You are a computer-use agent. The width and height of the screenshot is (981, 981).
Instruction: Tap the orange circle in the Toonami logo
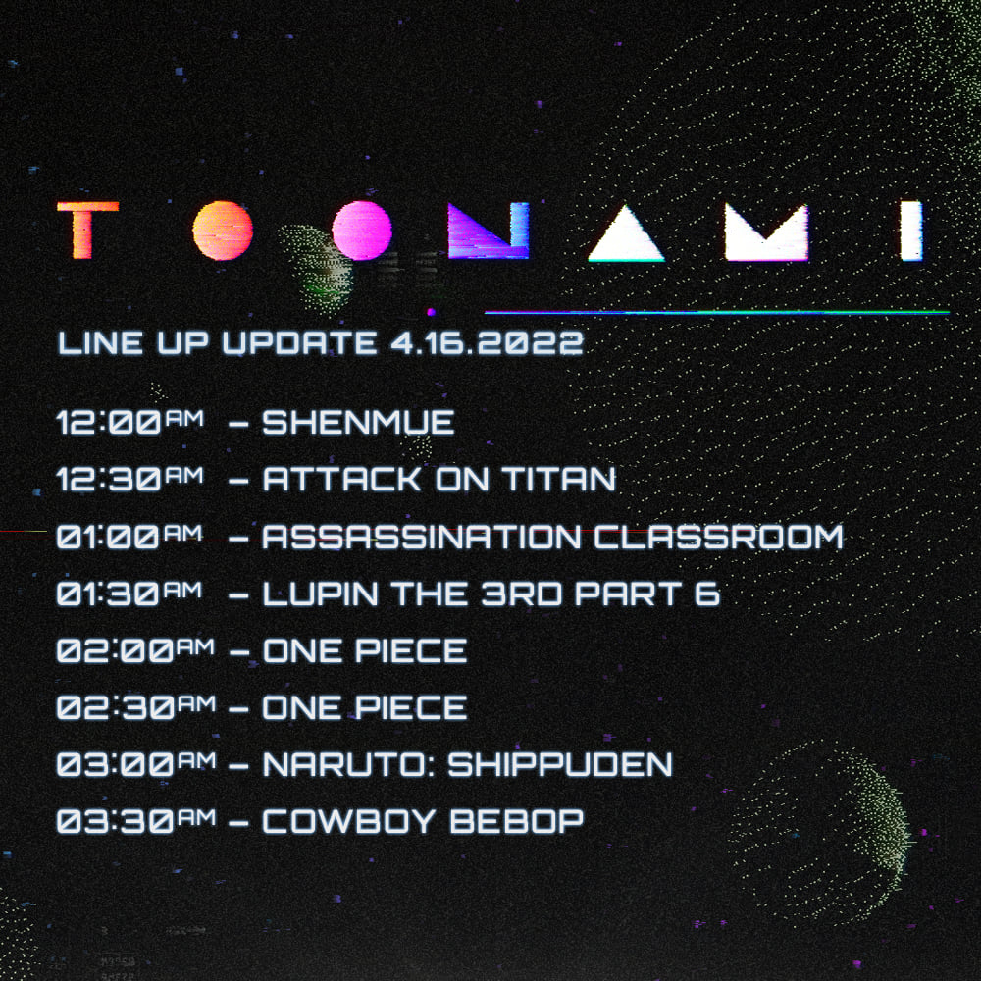click(223, 231)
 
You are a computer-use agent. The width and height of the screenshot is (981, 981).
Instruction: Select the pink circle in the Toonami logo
click(362, 231)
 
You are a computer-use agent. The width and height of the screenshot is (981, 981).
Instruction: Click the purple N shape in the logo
click(489, 231)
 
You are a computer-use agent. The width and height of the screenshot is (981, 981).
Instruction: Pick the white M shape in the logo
click(766, 232)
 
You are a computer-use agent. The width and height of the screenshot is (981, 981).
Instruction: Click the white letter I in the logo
click(911, 231)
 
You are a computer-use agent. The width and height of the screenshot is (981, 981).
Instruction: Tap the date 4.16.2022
click(487, 342)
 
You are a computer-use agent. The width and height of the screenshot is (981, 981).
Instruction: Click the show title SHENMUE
click(358, 422)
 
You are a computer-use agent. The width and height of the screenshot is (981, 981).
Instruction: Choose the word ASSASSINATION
click(422, 537)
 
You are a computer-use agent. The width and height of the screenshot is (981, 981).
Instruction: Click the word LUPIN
click(321, 594)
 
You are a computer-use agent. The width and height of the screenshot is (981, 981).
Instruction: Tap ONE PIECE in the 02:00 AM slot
click(365, 650)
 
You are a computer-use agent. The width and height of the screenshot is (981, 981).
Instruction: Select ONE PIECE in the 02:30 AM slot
click(365, 707)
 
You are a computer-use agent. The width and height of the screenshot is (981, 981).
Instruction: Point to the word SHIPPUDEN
click(560, 764)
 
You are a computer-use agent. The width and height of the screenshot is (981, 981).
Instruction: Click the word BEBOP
click(516, 821)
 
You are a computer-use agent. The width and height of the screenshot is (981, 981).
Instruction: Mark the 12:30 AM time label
click(130, 479)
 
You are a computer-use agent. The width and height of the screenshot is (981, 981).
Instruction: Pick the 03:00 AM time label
click(136, 764)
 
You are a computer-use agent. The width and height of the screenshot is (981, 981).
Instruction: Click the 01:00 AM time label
click(129, 537)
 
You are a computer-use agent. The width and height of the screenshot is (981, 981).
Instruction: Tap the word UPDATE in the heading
click(300, 342)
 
